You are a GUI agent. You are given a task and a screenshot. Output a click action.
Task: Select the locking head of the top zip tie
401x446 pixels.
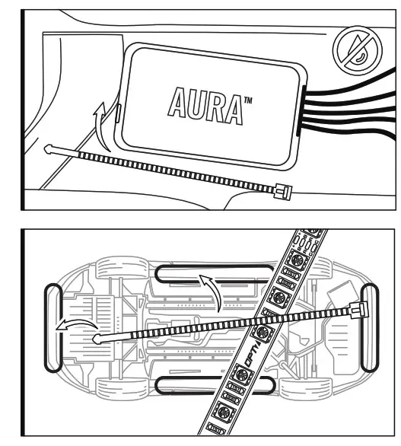(282, 192)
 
